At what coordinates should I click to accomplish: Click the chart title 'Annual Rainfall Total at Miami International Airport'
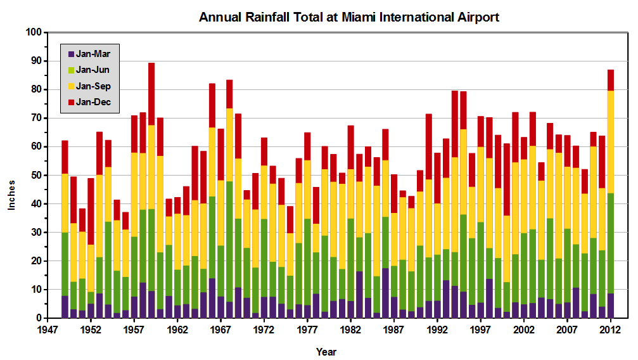tap(348, 17)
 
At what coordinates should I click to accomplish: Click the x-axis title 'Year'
tap(326, 352)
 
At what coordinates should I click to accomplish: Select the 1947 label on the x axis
tap(47, 330)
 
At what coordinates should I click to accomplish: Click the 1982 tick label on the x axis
tap(350, 330)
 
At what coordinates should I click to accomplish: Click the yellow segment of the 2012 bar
tap(611, 142)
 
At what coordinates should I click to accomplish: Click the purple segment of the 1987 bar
tap(394, 307)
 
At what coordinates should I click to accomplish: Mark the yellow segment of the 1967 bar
tap(220, 213)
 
